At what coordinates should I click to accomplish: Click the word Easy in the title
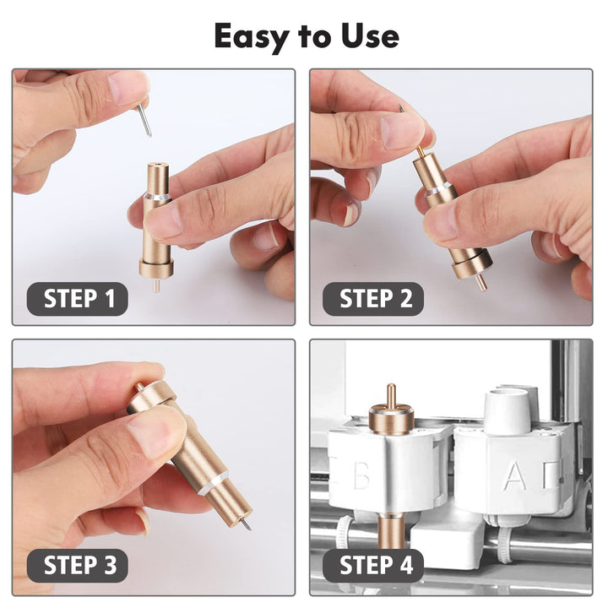(251, 36)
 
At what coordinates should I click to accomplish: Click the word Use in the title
(366, 36)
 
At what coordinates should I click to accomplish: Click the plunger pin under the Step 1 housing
(156, 285)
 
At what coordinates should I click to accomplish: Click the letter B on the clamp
(361, 476)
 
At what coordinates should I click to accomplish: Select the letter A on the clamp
(513, 476)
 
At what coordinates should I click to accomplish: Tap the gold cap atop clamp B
(391, 417)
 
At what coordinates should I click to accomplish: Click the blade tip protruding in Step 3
(247, 526)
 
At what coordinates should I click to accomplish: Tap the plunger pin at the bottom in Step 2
(480, 282)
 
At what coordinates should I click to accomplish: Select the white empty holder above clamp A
(507, 410)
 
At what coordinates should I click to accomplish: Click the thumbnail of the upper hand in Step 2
(401, 130)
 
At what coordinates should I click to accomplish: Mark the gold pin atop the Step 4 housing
(390, 395)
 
